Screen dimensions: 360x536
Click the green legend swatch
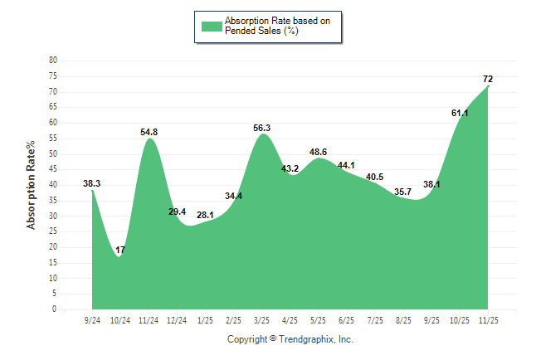212,26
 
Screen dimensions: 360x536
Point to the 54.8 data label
149,132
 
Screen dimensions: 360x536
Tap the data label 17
120,250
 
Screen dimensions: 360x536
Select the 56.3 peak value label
262,128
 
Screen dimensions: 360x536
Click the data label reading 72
489,79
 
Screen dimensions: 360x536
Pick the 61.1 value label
460,113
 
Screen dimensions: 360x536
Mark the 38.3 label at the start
92,183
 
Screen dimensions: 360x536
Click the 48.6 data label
319,152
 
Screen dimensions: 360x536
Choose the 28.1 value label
205,216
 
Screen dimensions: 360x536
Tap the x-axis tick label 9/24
92,320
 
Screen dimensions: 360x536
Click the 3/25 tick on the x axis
262,320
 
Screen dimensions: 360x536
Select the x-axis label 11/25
489,320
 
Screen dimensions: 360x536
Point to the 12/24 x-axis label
177,320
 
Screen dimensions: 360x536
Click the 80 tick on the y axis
53,61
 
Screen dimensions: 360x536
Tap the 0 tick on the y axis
55,309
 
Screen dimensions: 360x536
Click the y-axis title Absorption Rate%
32,185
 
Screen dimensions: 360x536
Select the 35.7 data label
403,192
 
